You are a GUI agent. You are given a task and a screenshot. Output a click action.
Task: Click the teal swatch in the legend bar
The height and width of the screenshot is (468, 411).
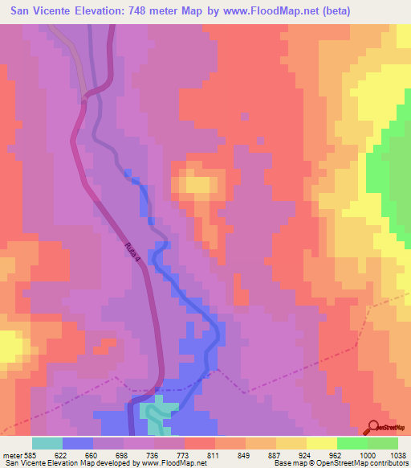[x=47, y=443]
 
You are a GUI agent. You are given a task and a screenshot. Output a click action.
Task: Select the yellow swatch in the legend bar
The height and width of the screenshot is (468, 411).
[x=322, y=443]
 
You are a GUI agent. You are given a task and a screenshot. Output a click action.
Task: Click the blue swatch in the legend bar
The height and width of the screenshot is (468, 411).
[x=77, y=443]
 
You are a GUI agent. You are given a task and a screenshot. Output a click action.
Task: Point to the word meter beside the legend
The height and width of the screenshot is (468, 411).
[x=11, y=454]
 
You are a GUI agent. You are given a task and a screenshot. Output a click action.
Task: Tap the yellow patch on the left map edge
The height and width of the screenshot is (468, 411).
[x=10, y=347]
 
